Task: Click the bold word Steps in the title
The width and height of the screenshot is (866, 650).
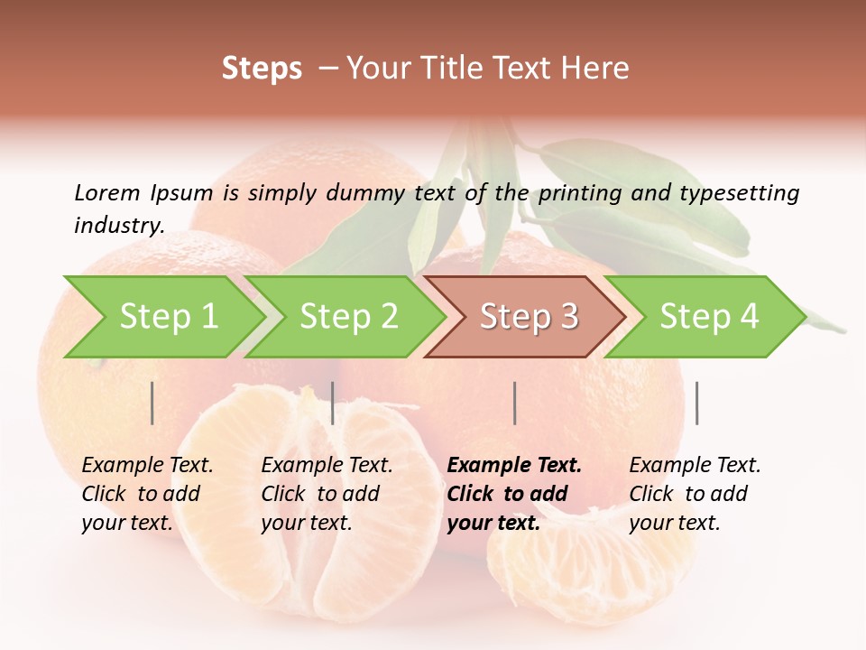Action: (262, 69)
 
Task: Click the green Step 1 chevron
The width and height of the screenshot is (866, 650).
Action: (162, 317)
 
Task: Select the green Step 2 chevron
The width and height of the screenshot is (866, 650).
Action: (345, 317)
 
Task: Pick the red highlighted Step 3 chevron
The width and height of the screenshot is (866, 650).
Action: (525, 317)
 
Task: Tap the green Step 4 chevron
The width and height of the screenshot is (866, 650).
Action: (706, 317)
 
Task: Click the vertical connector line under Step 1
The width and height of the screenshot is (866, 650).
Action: (152, 403)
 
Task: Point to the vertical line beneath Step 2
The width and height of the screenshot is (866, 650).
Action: (333, 403)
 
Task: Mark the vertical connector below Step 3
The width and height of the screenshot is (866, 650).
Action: (514, 403)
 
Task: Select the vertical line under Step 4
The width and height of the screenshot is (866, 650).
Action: (696, 403)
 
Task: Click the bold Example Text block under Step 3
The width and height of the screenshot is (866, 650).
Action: (514, 494)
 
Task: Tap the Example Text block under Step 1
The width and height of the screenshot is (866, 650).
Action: (147, 494)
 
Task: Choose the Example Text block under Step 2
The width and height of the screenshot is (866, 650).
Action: (327, 494)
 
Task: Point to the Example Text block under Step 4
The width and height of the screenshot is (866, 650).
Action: (695, 494)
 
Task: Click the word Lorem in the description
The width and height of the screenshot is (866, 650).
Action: (106, 193)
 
